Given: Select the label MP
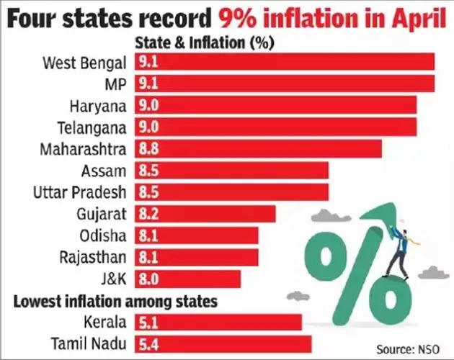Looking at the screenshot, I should (115, 84).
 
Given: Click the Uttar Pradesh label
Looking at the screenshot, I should (81, 192).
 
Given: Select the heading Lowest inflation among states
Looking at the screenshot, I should (116, 300).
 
